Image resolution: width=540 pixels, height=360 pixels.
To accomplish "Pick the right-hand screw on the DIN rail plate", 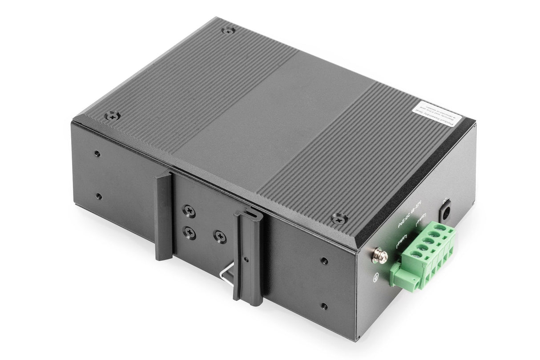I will (219, 236).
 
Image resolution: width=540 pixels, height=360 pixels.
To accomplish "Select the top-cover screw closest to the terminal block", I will (339, 218).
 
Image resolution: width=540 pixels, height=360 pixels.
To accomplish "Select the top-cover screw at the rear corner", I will (228, 31).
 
